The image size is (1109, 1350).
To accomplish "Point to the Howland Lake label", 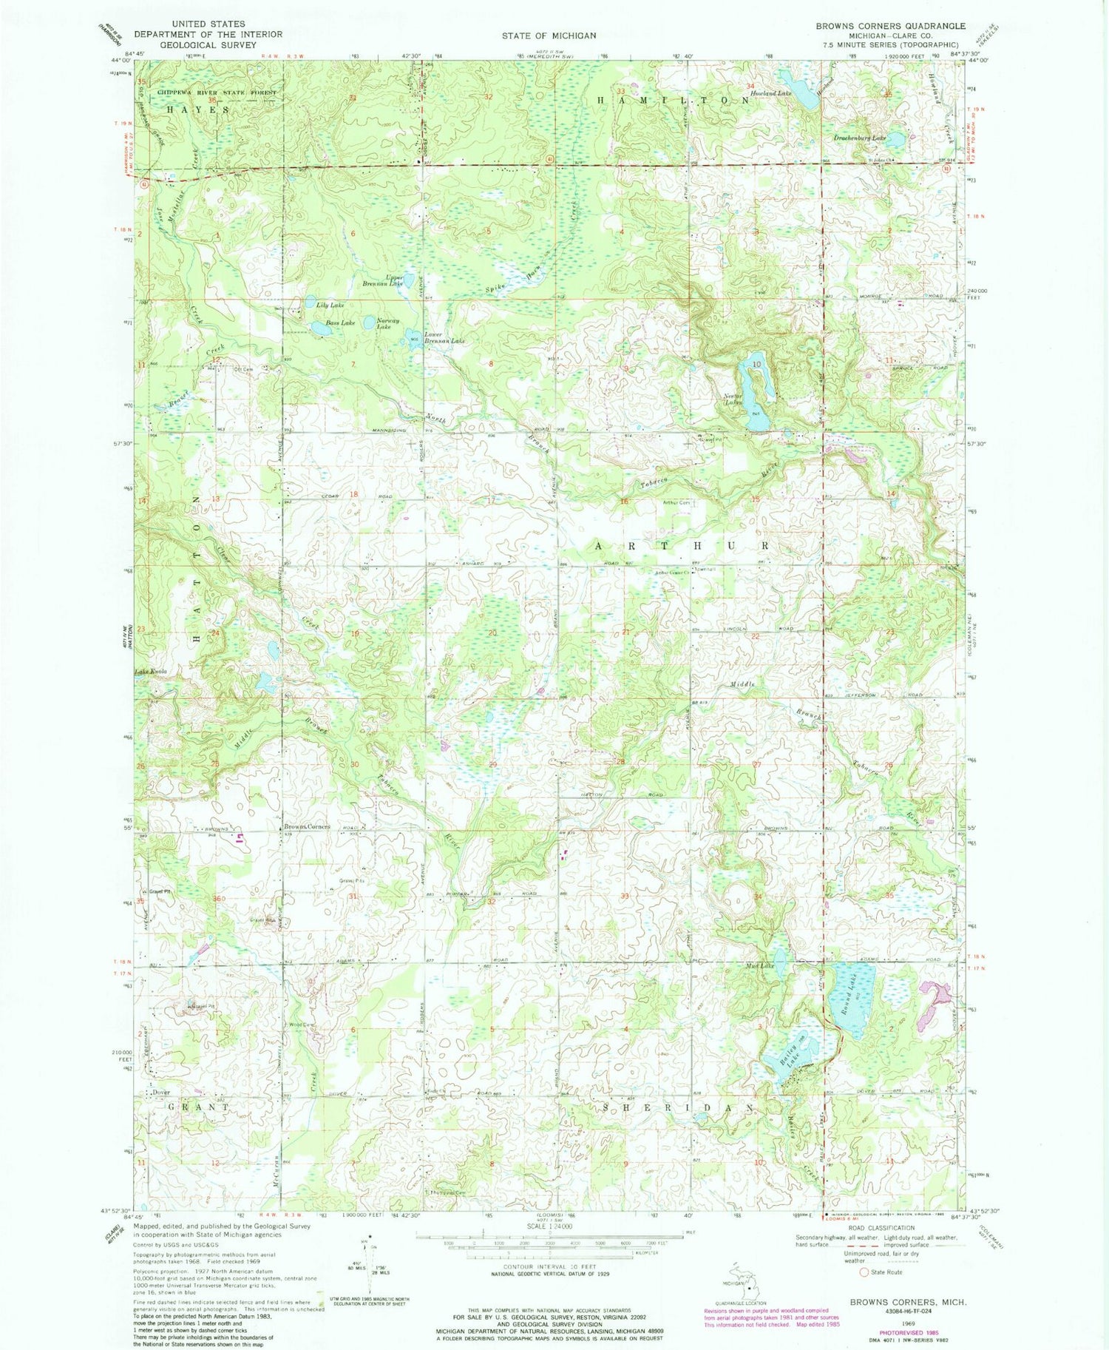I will pos(771,94).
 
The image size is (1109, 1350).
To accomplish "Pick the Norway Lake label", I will pos(388,324).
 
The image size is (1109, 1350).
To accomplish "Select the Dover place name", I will pos(161,1093).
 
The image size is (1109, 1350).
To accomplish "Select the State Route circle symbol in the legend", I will pos(863,1272).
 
